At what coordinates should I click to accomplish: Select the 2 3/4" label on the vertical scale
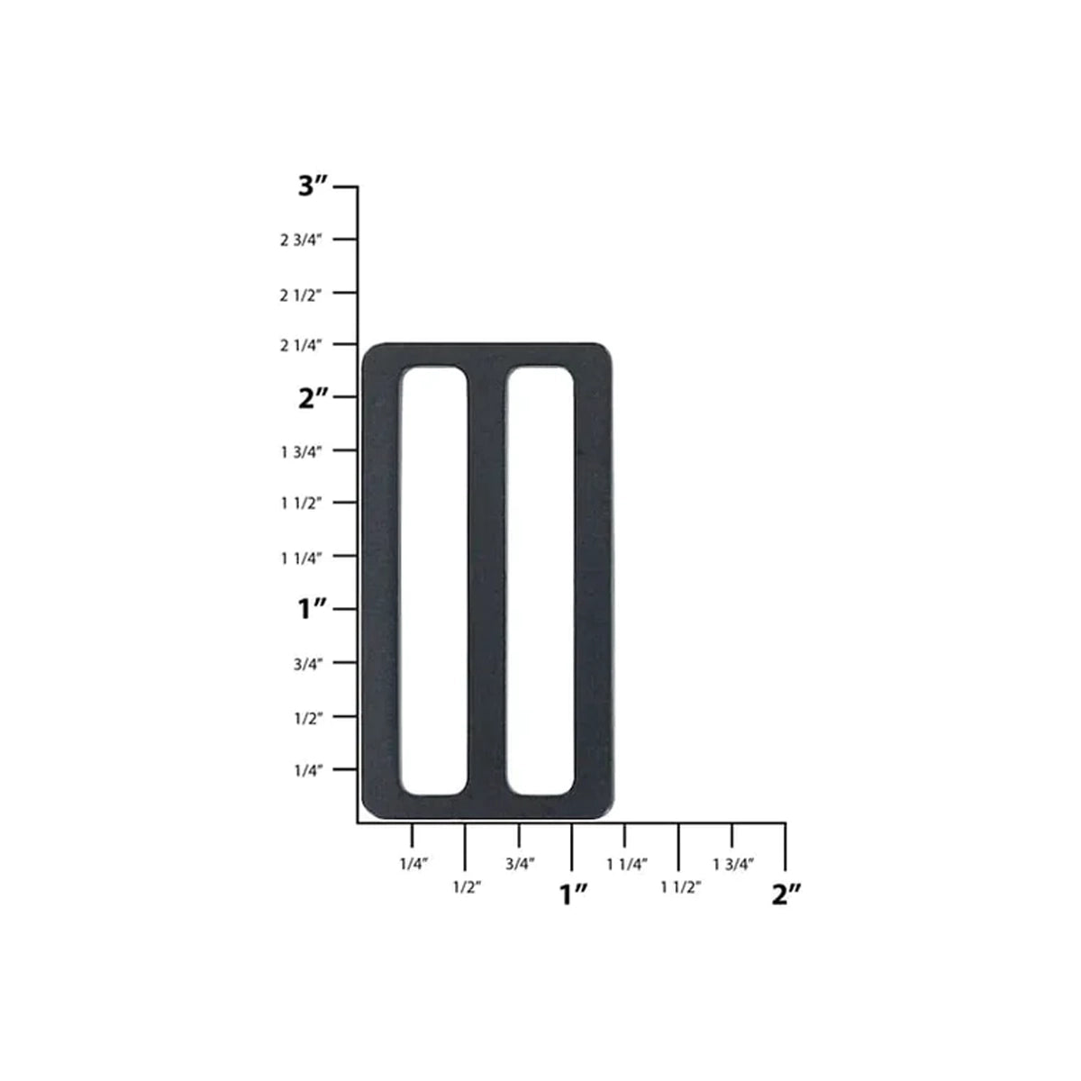point(301,240)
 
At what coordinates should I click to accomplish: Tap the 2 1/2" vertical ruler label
point(301,295)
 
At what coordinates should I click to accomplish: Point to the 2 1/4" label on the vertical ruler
point(301,345)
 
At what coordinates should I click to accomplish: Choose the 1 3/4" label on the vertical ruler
point(301,451)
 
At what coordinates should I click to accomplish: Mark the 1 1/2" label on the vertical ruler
point(301,503)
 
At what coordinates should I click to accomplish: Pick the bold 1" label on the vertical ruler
point(312,609)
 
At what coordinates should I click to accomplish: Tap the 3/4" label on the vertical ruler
point(307,664)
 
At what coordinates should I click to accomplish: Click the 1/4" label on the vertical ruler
point(307,770)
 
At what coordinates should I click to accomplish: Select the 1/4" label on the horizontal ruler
point(413,864)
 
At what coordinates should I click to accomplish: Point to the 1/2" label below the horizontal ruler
point(467,887)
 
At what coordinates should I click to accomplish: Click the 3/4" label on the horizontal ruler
point(520,864)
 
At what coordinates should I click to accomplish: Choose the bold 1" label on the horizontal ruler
point(574,895)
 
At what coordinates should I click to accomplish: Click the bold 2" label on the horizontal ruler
point(786,895)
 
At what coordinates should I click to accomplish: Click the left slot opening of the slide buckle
point(434,581)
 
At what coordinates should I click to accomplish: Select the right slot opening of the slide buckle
point(540,581)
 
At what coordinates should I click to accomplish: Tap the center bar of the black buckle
point(486,581)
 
